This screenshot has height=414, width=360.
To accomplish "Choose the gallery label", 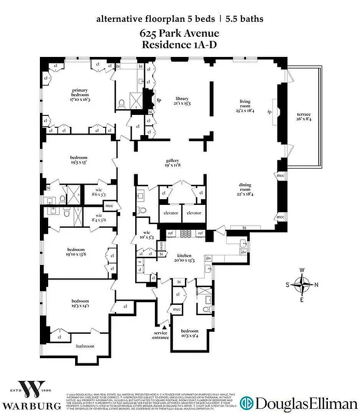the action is (172, 163).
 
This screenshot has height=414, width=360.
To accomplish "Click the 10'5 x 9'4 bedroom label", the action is (190, 333).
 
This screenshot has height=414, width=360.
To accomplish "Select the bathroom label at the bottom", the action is (85, 346).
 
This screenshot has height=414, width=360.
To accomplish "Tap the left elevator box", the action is (171, 213).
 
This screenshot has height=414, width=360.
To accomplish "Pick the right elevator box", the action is (194, 213).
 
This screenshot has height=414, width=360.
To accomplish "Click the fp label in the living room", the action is (269, 112).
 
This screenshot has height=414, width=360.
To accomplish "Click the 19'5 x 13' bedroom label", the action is (79, 160).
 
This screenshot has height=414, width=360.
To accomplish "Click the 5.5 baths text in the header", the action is (243, 19).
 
